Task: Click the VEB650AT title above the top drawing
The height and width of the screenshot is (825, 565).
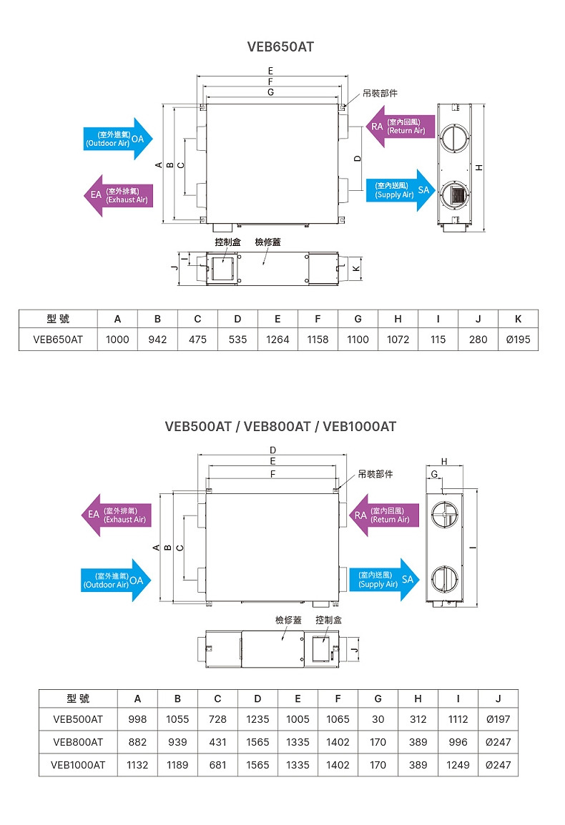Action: [x=280, y=46]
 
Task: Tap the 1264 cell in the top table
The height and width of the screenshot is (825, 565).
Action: [x=277, y=340]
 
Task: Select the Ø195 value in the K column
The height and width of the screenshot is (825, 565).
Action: [x=518, y=340]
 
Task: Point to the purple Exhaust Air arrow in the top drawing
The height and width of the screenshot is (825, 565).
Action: [x=118, y=195]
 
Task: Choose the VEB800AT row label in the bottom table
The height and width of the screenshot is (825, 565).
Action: [x=78, y=742]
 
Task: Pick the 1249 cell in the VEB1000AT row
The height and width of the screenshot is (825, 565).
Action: [x=458, y=765]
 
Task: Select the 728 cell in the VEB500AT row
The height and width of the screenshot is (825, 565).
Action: [x=217, y=719]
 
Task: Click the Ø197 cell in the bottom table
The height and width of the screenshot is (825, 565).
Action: [x=498, y=719]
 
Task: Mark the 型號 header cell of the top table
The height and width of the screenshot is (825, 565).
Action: [x=58, y=319]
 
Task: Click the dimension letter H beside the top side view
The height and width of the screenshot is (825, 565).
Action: [x=479, y=167]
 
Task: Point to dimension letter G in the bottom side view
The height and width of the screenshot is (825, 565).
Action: [x=434, y=475]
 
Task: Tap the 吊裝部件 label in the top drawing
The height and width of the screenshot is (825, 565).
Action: [x=380, y=93]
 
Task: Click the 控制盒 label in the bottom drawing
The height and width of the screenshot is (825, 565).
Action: [x=328, y=620]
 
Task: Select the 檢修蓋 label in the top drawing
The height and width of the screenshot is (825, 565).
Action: [x=267, y=242]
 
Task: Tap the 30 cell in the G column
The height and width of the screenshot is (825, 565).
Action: [x=378, y=719]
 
